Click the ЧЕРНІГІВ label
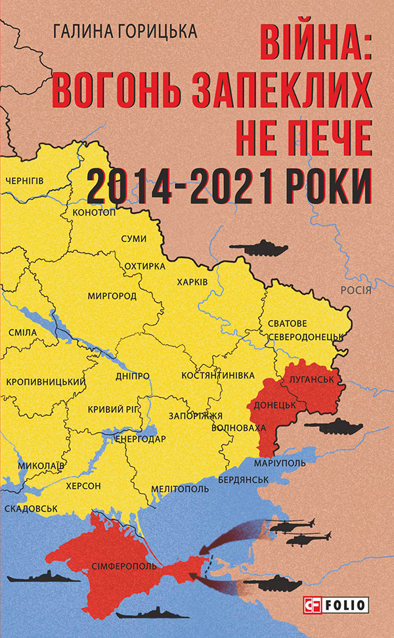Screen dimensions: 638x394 (x=24, y=180)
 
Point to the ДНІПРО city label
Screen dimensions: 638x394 (x=132, y=376)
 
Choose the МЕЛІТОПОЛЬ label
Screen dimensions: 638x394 (x=179, y=489)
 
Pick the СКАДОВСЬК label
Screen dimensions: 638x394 (x=31, y=509)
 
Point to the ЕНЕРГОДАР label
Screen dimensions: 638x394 (x=141, y=438)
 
